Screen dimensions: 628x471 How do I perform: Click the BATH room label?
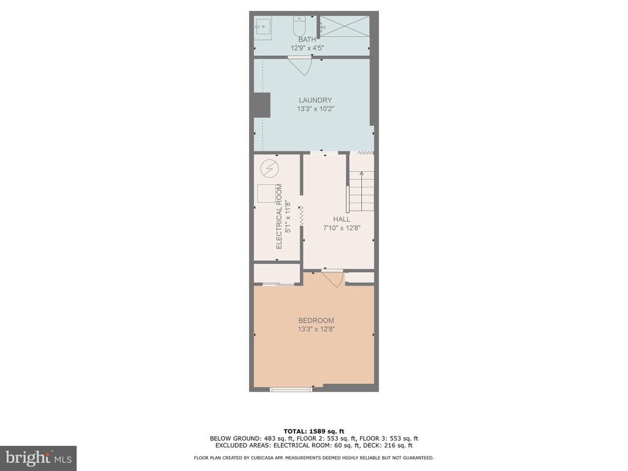(x=307, y=39)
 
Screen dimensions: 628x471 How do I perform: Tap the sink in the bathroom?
(x=262, y=29)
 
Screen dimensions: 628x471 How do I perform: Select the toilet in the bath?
(x=299, y=26)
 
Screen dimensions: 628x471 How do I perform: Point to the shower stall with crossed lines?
(x=345, y=26)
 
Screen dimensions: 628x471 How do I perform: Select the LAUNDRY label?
(x=316, y=100)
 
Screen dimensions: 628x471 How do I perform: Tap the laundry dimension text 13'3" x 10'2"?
(x=316, y=109)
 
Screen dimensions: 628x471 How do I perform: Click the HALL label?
(x=342, y=219)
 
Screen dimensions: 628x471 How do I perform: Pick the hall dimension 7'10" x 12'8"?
(x=342, y=228)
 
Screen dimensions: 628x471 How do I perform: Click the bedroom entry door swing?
(x=333, y=278)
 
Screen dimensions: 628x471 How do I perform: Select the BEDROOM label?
(x=316, y=320)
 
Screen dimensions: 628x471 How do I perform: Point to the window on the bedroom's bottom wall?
(x=291, y=389)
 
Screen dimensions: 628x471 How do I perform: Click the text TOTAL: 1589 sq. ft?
(x=314, y=431)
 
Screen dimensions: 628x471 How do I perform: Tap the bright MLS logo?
(x=39, y=458)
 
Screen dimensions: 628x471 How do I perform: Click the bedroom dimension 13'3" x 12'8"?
(x=316, y=329)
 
